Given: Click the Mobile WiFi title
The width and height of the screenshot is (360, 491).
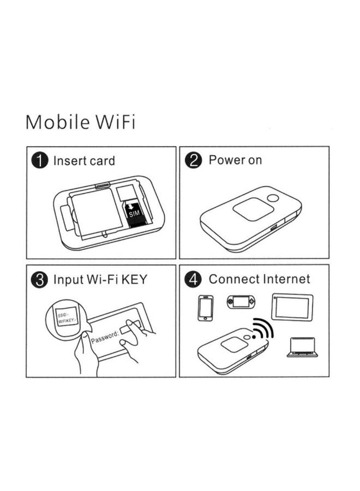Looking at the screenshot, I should pyautogui.click(x=80, y=122).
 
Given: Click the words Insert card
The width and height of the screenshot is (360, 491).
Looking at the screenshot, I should pyautogui.click(x=84, y=161).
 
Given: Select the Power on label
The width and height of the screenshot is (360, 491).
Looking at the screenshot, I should pyautogui.click(x=235, y=160).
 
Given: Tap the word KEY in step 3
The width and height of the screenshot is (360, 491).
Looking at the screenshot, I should pyautogui.click(x=134, y=280).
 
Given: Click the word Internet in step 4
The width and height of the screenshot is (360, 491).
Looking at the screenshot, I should pyautogui.click(x=286, y=279).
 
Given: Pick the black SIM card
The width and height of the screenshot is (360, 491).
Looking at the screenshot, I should pyautogui.click(x=134, y=213).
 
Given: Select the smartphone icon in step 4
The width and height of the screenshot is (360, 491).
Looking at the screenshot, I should pyautogui.click(x=206, y=308).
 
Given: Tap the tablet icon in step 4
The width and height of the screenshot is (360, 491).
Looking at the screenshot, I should pyautogui.click(x=292, y=307).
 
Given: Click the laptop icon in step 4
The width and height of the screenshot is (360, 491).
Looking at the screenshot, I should pyautogui.click(x=302, y=348).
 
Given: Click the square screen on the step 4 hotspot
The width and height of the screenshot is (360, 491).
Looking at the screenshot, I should pyautogui.click(x=234, y=344).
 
